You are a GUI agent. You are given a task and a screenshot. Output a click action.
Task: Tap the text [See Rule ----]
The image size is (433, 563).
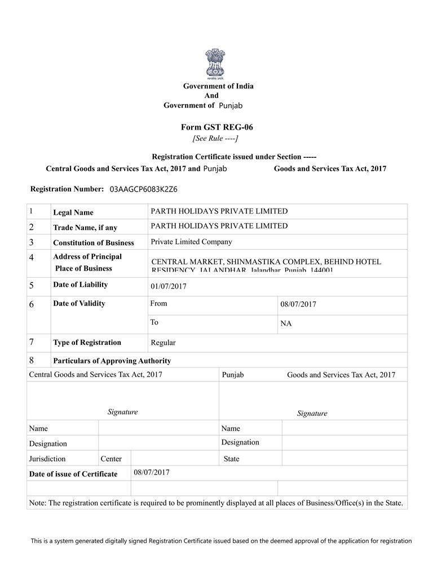[215, 138]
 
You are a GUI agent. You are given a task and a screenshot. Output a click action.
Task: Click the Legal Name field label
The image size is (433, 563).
[73, 212]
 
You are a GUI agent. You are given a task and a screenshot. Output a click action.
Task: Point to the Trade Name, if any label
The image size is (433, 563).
[85, 228]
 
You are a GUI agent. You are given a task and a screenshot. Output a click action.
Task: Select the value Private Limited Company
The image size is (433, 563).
[191, 242]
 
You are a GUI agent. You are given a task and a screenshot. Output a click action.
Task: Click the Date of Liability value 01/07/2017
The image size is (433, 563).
[169, 286]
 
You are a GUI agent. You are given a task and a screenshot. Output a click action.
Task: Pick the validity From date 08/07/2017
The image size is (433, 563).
[298, 304]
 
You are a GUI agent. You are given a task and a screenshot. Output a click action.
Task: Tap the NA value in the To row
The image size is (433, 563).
[286, 323]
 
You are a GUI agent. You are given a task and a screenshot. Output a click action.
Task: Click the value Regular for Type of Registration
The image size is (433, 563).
[163, 343]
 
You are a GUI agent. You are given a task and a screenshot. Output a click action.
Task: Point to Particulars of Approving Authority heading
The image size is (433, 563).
[112, 361]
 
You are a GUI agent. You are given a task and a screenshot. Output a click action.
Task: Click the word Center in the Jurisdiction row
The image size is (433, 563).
[111, 459]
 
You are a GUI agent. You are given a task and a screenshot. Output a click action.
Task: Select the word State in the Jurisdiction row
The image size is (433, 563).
[231, 459]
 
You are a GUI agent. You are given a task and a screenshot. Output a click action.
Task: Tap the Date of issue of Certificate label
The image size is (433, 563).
[73, 474]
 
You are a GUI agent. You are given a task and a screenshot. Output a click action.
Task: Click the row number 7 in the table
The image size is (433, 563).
[32, 342]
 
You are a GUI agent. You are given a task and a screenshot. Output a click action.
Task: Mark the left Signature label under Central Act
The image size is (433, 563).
[122, 412]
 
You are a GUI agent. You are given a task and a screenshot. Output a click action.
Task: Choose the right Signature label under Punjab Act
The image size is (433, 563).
[312, 413]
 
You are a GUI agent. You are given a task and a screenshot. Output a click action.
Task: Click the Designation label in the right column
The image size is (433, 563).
[240, 442]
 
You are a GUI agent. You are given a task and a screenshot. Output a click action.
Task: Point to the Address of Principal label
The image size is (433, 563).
[87, 257]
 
